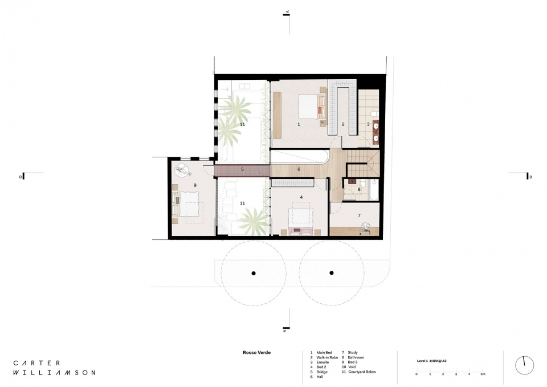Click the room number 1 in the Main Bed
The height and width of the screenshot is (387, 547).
(299, 124)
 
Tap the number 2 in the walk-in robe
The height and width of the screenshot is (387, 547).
(343, 124)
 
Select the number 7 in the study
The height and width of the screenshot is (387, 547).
(360, 215)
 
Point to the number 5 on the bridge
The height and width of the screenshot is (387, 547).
(243, 170)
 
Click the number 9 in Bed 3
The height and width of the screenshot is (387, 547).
(195, 185)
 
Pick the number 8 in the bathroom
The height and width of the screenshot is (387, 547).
(360, 190)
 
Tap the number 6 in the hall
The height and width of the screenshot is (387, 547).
(299, 170)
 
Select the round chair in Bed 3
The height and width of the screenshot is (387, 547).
(182, 170)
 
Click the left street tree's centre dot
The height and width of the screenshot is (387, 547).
(254, 273)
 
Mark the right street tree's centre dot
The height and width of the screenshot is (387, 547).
(332, 273)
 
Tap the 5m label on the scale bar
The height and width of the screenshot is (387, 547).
(483, 374)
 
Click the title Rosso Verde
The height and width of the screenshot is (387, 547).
(257, 352)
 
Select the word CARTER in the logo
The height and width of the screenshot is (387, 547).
(36, 363)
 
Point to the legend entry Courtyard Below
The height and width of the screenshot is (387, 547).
(362, 372)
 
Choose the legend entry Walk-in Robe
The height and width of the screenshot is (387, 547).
(327, 357)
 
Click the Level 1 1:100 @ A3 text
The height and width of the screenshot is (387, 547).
(431, 361)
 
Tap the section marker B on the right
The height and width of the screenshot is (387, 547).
(530, 177)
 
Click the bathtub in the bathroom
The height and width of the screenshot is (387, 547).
(375, 189)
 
